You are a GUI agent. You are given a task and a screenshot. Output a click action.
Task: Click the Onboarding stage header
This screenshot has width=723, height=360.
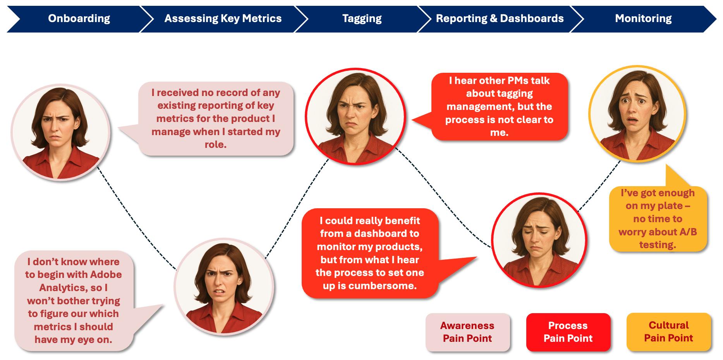point(79,19)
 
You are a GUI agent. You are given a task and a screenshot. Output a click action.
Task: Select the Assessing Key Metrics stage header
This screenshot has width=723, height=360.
point(223,19)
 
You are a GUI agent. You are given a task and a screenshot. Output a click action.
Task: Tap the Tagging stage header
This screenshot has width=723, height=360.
point(362,19)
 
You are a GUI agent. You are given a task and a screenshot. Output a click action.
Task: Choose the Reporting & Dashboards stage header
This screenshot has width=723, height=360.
point(500,19)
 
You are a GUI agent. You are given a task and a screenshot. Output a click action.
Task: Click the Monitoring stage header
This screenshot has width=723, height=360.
point(643,19)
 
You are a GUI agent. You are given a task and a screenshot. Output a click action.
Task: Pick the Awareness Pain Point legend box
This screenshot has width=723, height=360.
point(467,332)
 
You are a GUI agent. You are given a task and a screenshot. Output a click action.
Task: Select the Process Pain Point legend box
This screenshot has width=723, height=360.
point(568,332)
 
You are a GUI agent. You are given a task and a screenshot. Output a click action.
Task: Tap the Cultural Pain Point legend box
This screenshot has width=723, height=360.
point(669,332)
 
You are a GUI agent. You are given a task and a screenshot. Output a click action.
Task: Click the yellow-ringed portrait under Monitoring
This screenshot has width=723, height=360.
point(637,114)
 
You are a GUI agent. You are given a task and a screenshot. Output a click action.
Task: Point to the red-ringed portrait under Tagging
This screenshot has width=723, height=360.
point(355,117)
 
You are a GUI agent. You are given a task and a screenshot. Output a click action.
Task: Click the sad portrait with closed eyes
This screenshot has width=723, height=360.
point(539,240)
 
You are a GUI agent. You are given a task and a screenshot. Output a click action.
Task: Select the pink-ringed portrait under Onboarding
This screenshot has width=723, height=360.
point(60,132)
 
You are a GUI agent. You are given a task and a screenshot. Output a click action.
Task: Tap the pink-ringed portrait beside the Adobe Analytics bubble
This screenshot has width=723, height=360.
point(224,286)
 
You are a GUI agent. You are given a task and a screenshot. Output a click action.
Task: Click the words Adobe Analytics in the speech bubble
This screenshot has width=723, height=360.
point(73,281)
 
